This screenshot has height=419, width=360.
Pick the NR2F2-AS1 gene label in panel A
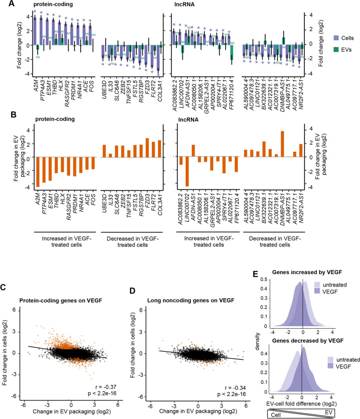301,93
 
